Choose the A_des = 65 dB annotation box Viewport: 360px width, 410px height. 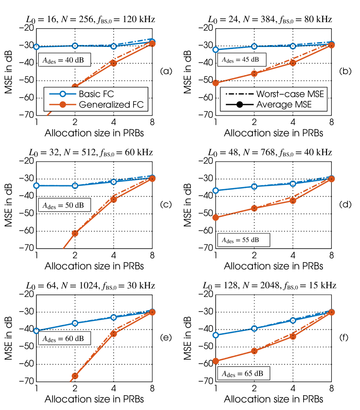click(244, 373)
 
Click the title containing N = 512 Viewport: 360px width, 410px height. click(92, 152)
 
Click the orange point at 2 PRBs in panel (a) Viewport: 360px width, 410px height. click(75, 87)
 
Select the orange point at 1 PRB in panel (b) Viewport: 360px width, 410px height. click(216, 83)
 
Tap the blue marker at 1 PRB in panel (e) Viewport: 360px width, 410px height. click(36, 331)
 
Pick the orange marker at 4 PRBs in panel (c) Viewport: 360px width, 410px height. click(114, 199)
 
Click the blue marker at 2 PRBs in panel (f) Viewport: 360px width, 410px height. click(255, 328)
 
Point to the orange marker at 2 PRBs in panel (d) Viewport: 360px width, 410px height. click(255, 208)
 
